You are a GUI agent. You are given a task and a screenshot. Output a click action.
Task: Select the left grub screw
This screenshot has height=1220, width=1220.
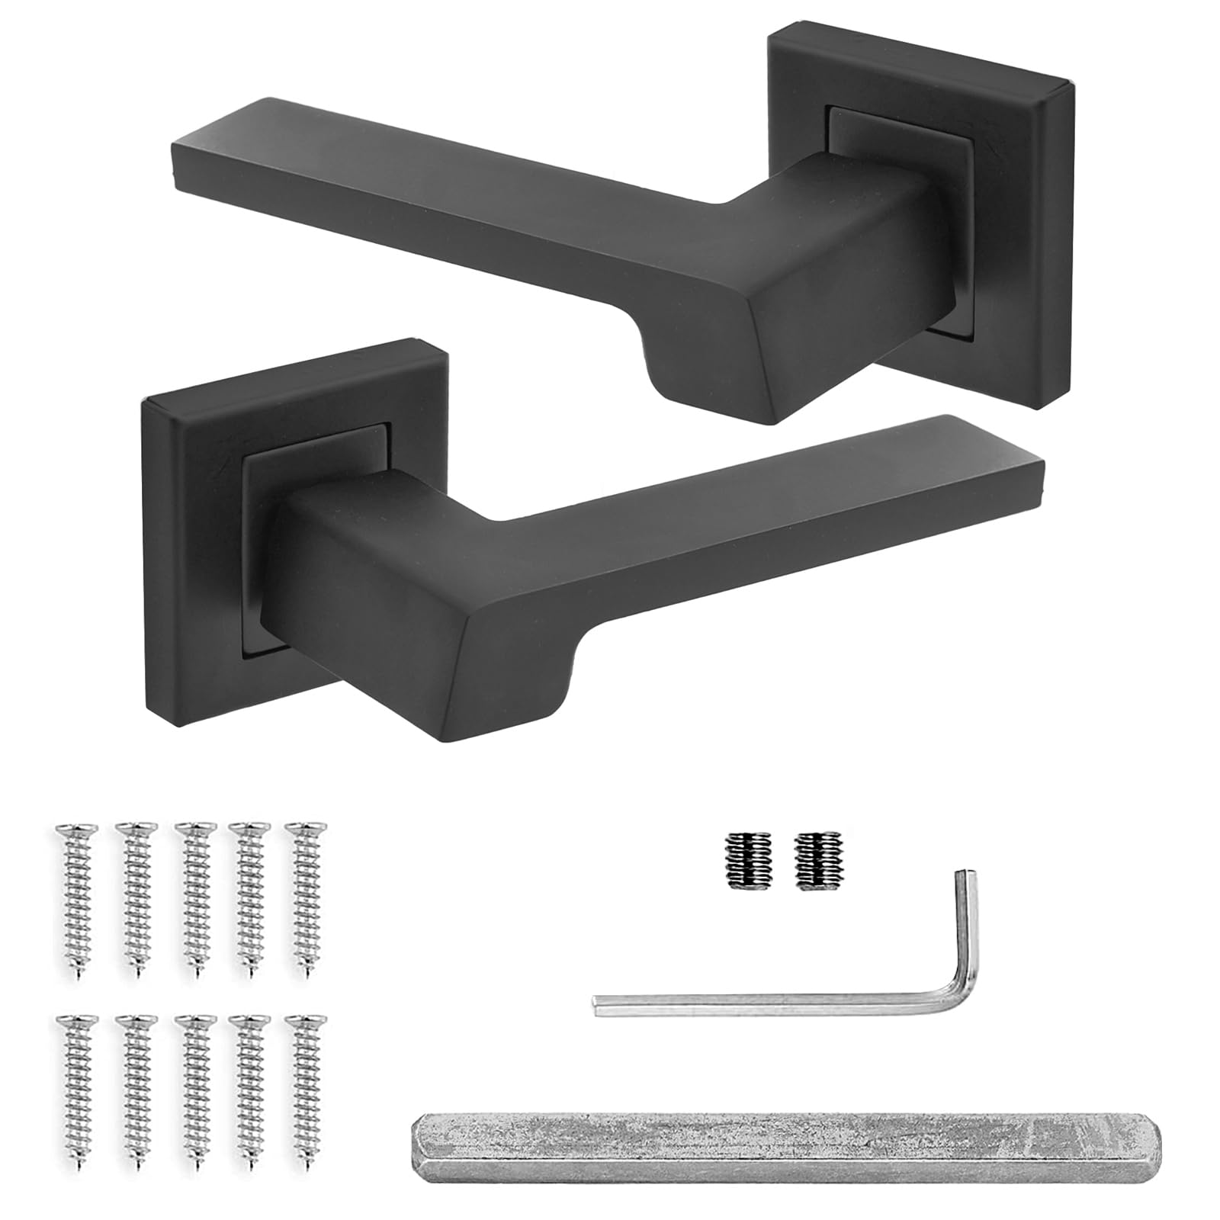[742, 859]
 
